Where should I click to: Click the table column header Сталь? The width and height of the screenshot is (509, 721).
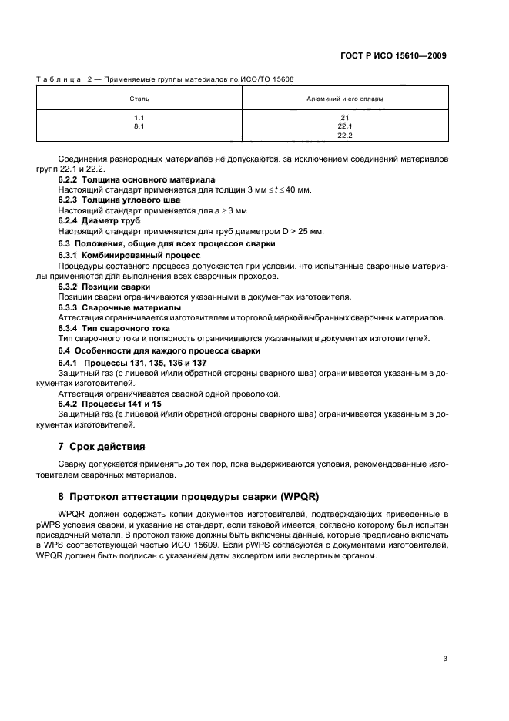[139, 99]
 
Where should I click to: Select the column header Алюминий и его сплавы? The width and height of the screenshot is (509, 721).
[344, 99]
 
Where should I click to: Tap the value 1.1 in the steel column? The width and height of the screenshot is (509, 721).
[139, 118]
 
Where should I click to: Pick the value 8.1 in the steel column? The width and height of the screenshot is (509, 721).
[139, 126]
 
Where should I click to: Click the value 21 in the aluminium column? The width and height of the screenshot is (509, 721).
[344, 118]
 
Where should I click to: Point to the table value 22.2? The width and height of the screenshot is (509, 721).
[344, 136]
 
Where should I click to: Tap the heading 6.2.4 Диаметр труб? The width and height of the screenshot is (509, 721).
[102, 221]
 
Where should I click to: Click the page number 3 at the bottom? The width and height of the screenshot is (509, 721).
[445, 659]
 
